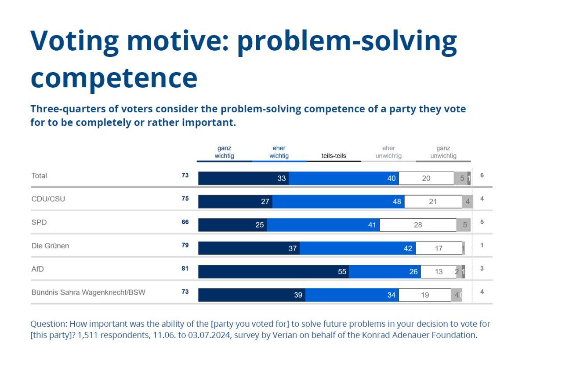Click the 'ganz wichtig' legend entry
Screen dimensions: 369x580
(x=224, y=152)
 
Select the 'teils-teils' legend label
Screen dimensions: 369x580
(x=333, y=155)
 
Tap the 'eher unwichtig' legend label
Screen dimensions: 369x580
(x=388, y=152)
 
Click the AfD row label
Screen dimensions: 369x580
(x=38, y=269)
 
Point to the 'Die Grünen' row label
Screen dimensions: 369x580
(x=50, y=246)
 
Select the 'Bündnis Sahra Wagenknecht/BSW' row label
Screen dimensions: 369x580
(x=88, y=292)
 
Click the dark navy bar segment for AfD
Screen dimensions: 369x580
(x=273, y=272)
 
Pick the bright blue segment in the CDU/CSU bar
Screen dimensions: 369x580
(x=338, y=202)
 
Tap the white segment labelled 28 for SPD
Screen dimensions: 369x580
(x=418, y=225)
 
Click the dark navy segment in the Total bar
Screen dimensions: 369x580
(x=243, y=178)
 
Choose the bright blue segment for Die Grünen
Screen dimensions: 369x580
(x=357, y=248)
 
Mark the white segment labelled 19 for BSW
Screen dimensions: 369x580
(x=424, y=295)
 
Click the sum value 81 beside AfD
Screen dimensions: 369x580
(x=185, y=269)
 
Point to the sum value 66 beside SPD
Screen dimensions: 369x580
(x=185, y=222)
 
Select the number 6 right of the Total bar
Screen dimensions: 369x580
(x=482, y=175)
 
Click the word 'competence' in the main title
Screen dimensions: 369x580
(x=114, y=77)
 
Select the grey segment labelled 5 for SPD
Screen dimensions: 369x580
(x=464, y=225)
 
